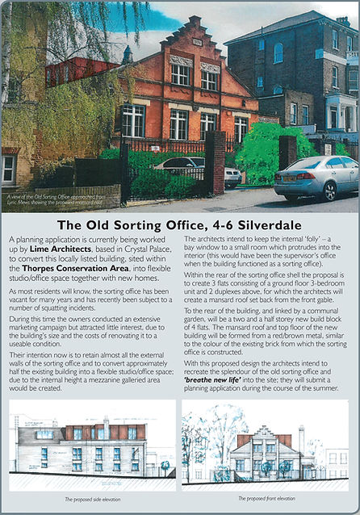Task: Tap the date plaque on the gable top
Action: [x=197, y=41]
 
